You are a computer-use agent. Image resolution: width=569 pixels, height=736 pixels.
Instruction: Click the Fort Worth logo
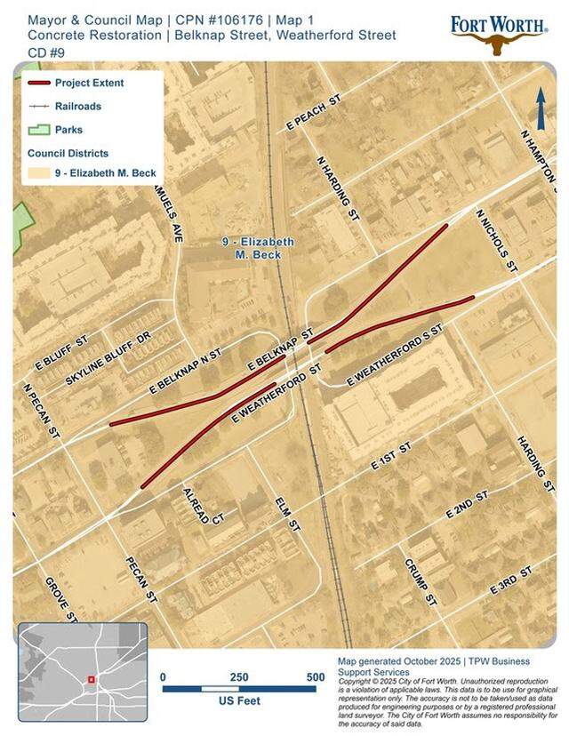[497, 32]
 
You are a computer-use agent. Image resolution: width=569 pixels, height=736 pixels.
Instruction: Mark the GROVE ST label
[61, 598]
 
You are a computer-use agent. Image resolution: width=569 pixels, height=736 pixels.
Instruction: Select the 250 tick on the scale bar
[239, 677]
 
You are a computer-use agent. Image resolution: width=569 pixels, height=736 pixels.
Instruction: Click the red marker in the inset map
[91, 680]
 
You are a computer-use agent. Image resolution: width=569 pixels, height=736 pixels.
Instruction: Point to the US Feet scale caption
[238, 701]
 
